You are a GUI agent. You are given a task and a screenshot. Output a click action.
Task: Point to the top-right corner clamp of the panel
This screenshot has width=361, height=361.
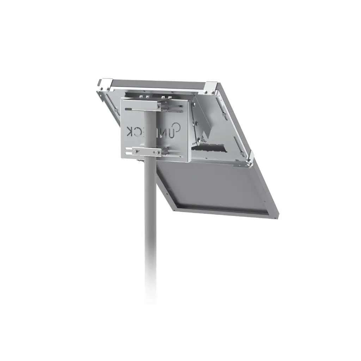point(211,87)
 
